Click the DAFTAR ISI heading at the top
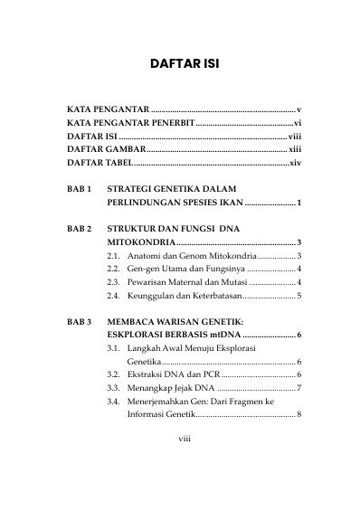[179, 65]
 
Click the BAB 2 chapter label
[80, 230]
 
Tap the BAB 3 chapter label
[80, 321]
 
